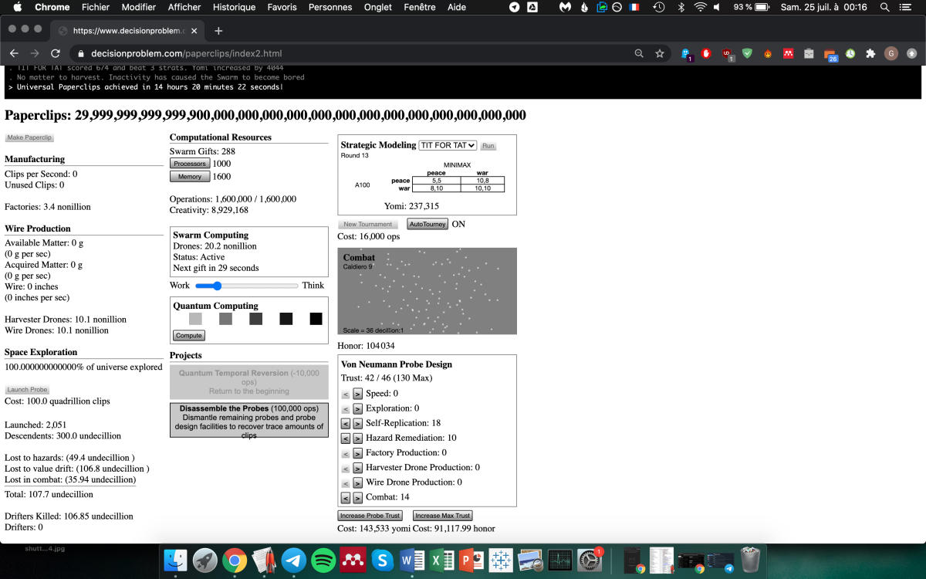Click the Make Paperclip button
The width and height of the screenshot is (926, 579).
point(30,137)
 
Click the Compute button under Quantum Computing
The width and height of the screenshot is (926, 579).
point(188,336)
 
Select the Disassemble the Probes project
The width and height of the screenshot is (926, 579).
point(248,420)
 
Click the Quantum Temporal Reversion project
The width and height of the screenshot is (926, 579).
point(248,382)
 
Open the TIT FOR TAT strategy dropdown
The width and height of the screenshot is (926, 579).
point(448,145)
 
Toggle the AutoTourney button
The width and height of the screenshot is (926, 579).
point(428,225)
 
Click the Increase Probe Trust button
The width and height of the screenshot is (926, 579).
point(370,516)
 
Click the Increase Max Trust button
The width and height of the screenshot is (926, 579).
point(442,516)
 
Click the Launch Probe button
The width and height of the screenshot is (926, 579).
point(28,390)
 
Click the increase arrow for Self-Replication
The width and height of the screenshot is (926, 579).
point(357,423)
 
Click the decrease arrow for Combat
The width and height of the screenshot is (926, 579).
point(346,498)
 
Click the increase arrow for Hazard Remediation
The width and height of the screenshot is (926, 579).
point(357,438)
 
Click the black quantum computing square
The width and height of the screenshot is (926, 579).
point(316,319)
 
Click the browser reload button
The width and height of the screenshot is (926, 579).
point(56,53)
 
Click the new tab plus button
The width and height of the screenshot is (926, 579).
point(218,31)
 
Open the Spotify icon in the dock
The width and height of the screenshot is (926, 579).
point(324,560)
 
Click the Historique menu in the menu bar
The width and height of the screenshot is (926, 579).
point(234,7)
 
